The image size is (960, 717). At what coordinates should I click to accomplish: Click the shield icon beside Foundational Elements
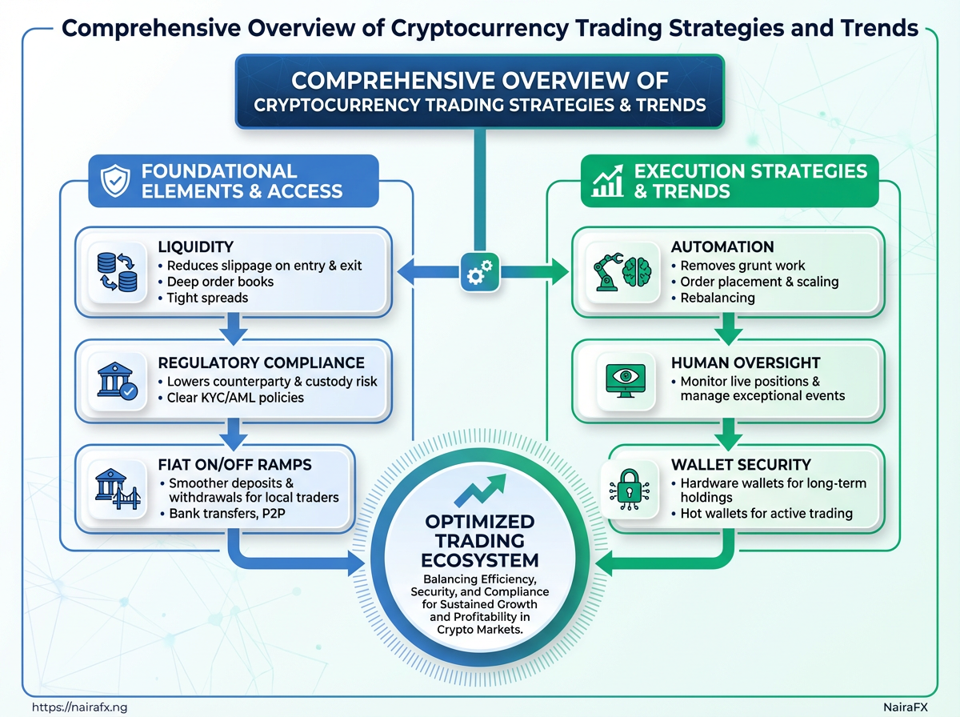(115, 181)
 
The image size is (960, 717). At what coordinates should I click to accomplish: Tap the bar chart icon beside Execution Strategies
(607, 181)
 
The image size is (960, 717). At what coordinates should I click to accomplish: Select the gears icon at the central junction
(480, 272)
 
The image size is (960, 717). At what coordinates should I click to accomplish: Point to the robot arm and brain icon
(622, 272)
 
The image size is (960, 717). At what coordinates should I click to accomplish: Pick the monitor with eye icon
(626, 381)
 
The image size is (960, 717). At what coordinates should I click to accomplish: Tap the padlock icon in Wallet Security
(629, 490)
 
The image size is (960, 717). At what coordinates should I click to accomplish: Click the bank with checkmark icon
(118, 381)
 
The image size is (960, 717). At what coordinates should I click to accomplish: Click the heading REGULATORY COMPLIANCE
(261, 363)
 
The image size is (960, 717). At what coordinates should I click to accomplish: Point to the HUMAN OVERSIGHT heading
(746, 363)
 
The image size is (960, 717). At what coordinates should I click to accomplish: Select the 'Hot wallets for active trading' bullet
(762, 513)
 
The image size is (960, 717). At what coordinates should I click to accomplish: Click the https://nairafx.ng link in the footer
(79, 707)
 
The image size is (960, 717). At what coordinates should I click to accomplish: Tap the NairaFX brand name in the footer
(906, 707)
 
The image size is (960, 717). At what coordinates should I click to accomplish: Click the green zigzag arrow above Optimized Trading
(480, 490)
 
